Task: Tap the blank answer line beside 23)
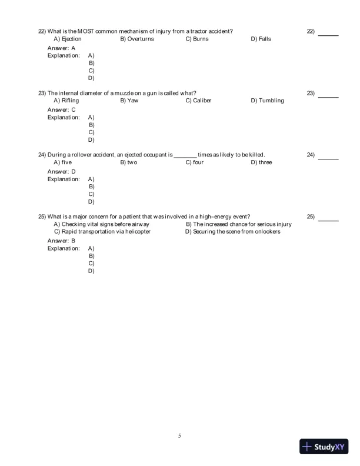[x=328, y=96]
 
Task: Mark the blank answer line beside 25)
[x=328, y=220]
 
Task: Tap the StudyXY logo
[x=325, y=447]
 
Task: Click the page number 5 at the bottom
[x=180, y=436]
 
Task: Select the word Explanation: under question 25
[x=64, y=248]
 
